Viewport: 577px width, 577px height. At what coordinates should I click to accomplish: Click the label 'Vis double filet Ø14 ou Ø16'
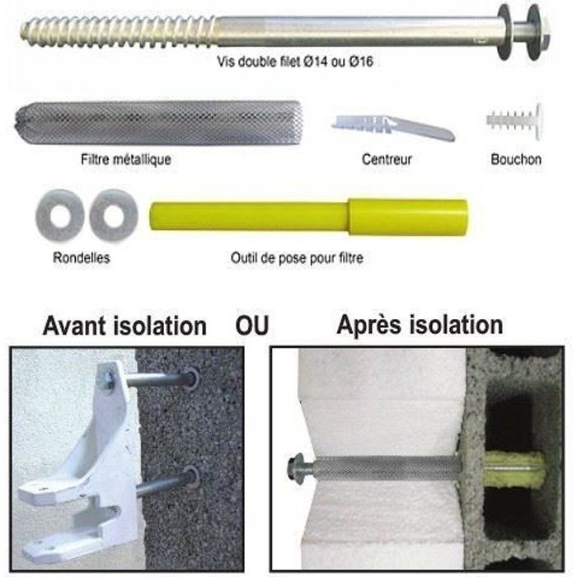tap(295, 62)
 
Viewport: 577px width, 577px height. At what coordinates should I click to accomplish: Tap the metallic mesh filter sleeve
tap(159, 122)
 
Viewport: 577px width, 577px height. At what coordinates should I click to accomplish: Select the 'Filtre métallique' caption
tap(126, 159)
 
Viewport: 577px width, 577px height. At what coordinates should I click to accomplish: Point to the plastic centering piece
tap(393, 127)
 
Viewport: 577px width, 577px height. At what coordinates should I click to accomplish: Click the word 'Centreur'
tap(387, 159)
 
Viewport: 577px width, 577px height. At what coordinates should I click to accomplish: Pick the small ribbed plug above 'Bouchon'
tap(514, 121)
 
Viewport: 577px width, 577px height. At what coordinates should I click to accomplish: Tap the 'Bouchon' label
tap(516, 159)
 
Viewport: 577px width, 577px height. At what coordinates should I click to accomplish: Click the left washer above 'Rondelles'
tap(59, 215)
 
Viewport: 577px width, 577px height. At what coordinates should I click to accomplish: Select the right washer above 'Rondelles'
tap(114, 215)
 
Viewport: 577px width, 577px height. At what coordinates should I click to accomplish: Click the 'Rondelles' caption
tap(82, 257)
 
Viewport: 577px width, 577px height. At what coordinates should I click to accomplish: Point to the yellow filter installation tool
tap(308, 216)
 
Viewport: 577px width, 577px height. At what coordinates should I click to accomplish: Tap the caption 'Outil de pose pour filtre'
tap(297, 257)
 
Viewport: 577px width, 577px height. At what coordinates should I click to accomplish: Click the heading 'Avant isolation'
tap(124, 326)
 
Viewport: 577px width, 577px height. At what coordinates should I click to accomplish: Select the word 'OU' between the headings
tap(252, 326)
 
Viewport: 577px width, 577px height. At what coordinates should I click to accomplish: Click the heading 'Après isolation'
tap(420, 326)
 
